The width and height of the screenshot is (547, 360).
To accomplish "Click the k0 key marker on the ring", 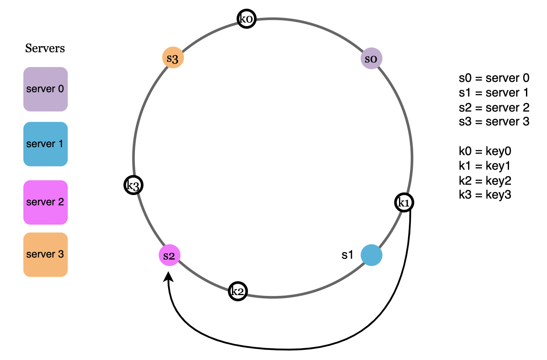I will click(x=247, y=19).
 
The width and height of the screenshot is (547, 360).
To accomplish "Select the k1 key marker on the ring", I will click(x=404, y=203).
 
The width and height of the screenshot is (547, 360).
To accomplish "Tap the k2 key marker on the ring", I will click(x=238, y=292).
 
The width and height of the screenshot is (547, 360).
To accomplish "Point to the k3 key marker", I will click(x=133, y=185).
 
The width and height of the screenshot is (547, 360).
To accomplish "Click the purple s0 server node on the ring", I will click(x=371, y=59).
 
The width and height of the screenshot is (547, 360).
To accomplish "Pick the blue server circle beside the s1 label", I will click(x=371, y=255).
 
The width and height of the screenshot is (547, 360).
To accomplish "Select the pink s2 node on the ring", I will click(x=169, y=255).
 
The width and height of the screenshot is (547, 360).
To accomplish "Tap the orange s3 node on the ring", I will click(x=173, y=58).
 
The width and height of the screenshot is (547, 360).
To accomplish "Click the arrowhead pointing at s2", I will click(x=169, y=278).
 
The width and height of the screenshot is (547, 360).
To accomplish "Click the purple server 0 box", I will click(x=46, y=89).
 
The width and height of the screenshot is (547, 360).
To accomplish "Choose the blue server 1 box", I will click(x=46, y=144).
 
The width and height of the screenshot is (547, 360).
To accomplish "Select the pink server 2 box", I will click(x=46, y=202).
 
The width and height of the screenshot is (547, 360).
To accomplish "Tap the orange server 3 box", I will click(x=46, y=254).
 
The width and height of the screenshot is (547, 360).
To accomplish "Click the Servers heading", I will click(x=45, y=48).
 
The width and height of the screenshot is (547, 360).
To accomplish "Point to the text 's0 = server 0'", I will click(x=494, y=78).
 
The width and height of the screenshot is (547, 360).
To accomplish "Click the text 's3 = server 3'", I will click(x=494, y=121).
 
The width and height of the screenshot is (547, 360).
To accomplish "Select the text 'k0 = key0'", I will click(x=485, y=151).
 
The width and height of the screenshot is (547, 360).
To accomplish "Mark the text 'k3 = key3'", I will click(x=485, y=195).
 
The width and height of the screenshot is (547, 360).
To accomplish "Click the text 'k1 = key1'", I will click(x=485, y=166).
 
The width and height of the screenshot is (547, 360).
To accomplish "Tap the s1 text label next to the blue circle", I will click(x=347, y=255).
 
